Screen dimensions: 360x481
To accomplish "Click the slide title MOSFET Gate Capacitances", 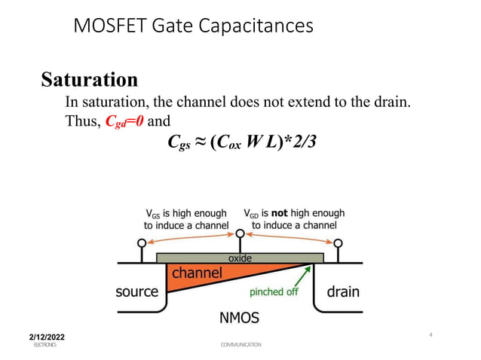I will [x=192, y=26].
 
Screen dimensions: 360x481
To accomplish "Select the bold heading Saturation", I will [x=89, y=79].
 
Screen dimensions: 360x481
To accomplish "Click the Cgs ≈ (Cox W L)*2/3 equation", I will [x=238, y=141].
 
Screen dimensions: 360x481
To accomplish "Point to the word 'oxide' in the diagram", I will [x=240, y=258].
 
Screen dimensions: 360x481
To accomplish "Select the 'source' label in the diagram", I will [x=136, y=291].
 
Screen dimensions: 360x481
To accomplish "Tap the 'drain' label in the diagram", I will [x=342, y=291].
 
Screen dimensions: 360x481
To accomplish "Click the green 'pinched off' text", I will [x=277, y=292].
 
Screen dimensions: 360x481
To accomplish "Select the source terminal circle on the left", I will [x=141, y=243].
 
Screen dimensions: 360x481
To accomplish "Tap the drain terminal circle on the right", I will [x=339, y=243].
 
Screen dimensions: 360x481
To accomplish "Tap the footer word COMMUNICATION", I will [x=240, y=344].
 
